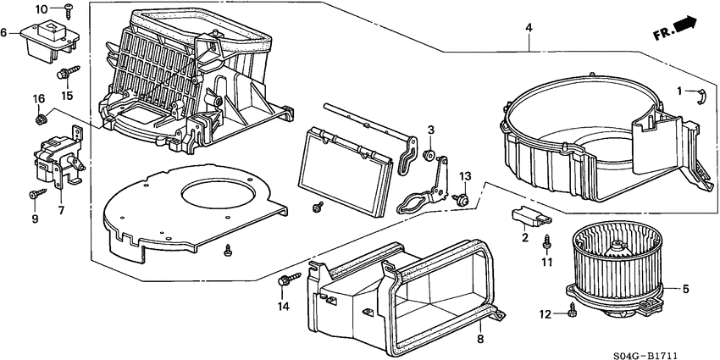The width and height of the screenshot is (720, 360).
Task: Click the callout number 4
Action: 529,29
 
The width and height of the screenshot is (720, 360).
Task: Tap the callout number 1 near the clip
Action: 679,91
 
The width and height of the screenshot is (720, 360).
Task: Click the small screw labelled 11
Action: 547,241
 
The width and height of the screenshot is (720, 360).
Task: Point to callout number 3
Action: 430,130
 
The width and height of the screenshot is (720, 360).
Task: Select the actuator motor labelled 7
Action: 54,161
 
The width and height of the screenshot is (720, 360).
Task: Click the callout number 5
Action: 686,290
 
